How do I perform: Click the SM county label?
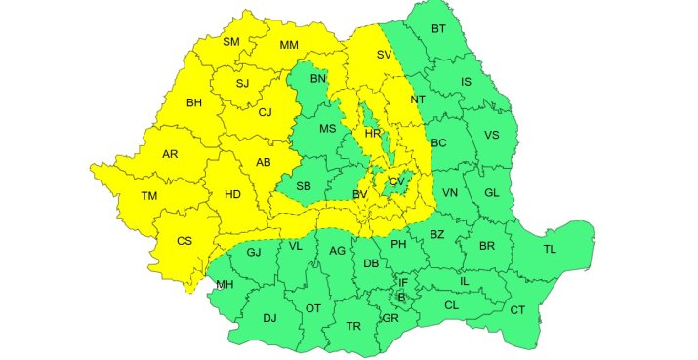tap(231, 41)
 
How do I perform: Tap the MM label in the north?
tap(289, 45)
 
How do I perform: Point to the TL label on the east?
tap(550, 249)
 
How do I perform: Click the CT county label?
tap(517, 310)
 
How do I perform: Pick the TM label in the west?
tap(149, 196)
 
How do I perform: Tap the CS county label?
tap(185, 241)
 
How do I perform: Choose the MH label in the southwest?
tap(225, 285)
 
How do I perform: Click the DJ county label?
tap(270, 317)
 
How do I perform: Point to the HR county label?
tap(371, 133)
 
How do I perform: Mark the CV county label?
tap(395, 181)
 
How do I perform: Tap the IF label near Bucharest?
tap(403, 282)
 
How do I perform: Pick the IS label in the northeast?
tap(466, 81)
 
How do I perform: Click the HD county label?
tap(232, 194)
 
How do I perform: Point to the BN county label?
tap(318, 78)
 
